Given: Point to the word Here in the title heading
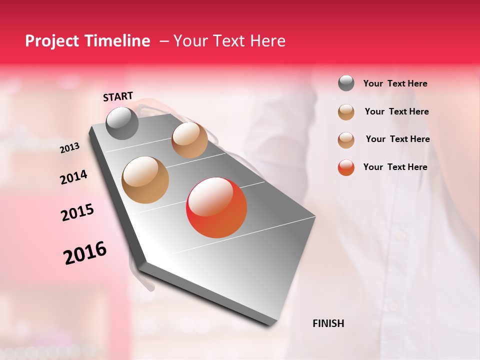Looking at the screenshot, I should (x=267, y=41).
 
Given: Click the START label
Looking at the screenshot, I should (x=118, y=96).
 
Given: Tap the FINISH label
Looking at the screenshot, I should (x=328, y=323).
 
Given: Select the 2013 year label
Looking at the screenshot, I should (x=69, y=148).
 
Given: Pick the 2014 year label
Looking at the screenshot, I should (x=73, y=177).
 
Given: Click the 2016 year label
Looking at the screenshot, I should (x=85, y=253).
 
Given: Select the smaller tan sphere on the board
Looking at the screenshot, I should (x=189, y=140).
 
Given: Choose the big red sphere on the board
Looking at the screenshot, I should (x=216, y=207).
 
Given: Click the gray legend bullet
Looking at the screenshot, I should (x=346, y=83).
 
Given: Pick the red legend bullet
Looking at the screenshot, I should (x=346, y=167).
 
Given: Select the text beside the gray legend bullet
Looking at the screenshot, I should (x=395, y=83).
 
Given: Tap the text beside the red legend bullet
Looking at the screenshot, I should (x=395, y=167).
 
